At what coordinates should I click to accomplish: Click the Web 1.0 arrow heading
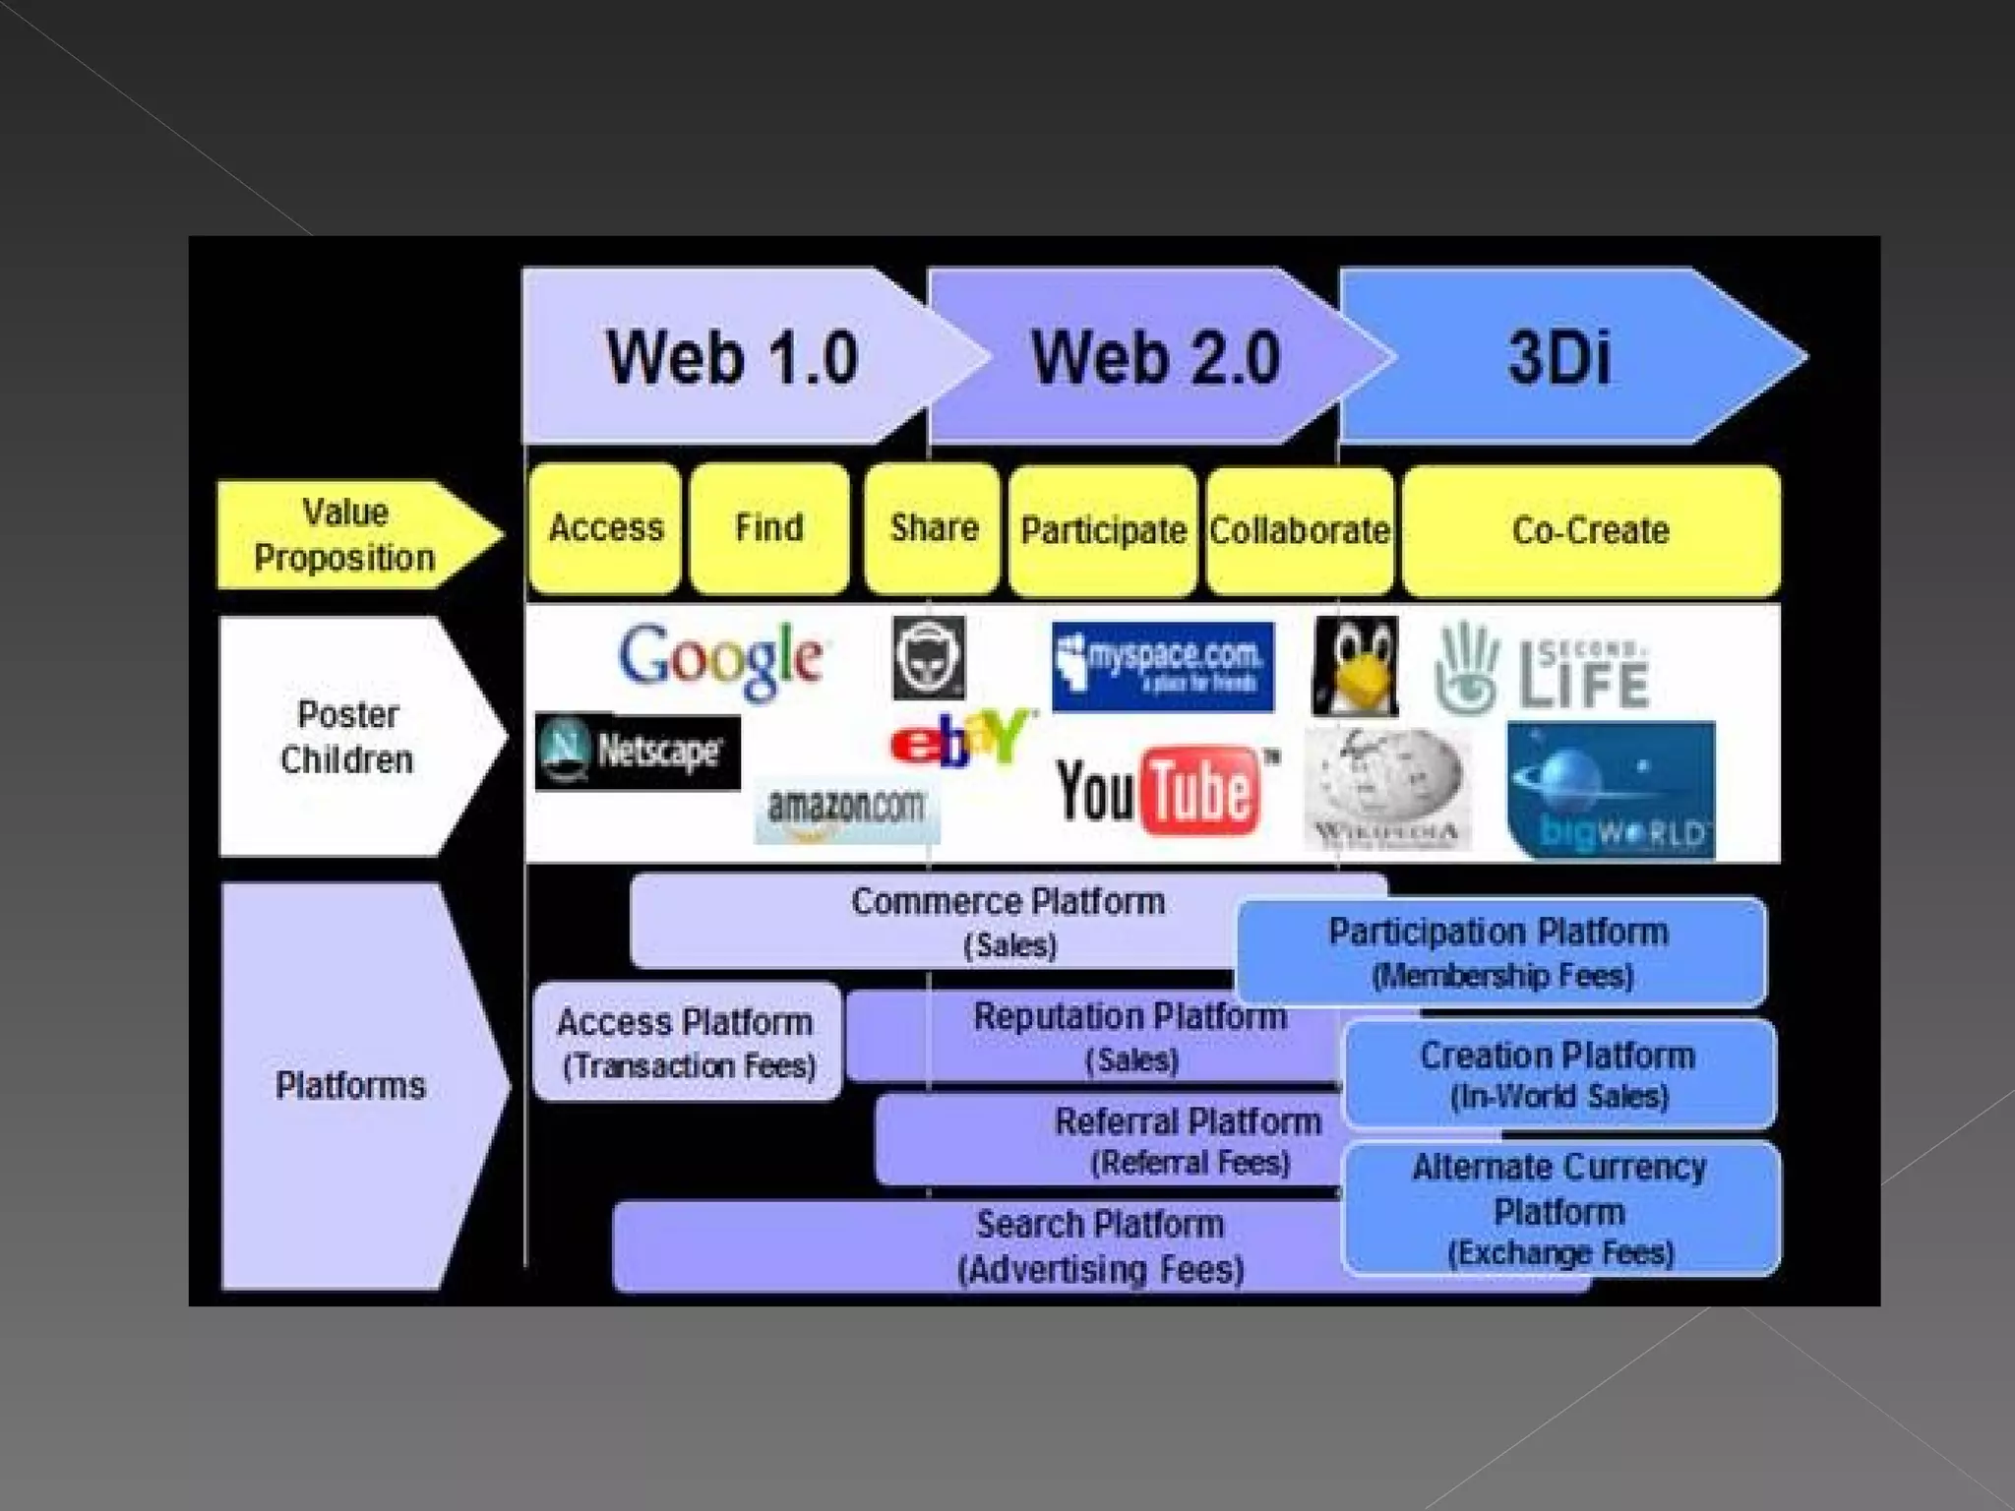click(x=730, y=357)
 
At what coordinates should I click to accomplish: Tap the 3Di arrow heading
click(x=1559, y=357)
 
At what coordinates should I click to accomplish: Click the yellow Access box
click(x=605, y=529)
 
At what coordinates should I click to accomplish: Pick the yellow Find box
click(x=768, y=529)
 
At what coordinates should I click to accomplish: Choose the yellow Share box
click(x=933, y=529)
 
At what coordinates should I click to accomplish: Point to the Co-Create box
click(x=1590, y=531)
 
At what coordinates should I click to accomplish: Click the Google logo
click(x=721, y=659)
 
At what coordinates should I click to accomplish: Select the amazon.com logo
click(x=846, y=811)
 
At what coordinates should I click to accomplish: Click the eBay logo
click(x=960, y=738)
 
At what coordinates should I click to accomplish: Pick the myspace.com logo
click(x=1162, y=666)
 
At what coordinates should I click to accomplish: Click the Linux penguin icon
click(x=1355, y=666)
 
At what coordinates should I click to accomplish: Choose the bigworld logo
click(x=1611, y=790)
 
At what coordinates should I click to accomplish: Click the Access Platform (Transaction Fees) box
click(x=687, y=1042)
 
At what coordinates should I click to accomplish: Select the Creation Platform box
click(x=1558, y=1073)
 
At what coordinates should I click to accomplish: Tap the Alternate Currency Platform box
click(x=1560, y=1209)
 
